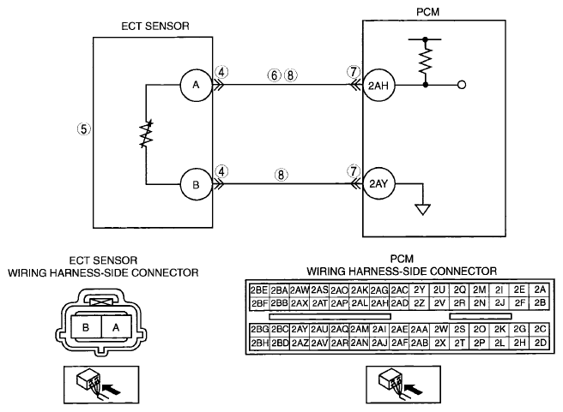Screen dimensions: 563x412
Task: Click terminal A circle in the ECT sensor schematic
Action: [x=196, y=85]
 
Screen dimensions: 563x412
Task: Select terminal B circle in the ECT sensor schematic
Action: [x=196, y=184]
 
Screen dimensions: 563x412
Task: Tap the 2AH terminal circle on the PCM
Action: [x=378, y=86]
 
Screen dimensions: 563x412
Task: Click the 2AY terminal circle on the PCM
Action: [x=378, y=183]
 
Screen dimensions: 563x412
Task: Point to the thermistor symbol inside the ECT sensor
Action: [x=146, y=134]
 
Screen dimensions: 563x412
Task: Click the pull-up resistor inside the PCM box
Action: [x=426, y=62]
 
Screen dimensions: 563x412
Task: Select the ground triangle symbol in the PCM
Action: [x=422, y=210]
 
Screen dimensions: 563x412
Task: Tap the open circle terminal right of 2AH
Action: [x=462, y=85]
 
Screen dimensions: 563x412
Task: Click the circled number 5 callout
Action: [x=83, y=128]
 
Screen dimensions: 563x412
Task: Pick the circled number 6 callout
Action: [x=274, y=75]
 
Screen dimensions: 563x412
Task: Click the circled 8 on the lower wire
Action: [x=281, y=175]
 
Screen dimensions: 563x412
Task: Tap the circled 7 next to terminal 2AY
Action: [x=354, y=171]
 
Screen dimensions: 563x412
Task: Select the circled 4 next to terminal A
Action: [x=222, y=72]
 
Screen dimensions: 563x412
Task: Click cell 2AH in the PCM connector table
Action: [x=379, y=303]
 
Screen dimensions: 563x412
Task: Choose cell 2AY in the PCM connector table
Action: [x=299, y=329]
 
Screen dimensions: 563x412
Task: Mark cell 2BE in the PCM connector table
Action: [x=259, y=290]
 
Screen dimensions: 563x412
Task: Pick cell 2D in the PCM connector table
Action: [x=540, y=343]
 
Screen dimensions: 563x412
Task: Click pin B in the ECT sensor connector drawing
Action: [x=86, y=327]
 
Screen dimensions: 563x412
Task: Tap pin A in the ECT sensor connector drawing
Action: [x=116, y=327]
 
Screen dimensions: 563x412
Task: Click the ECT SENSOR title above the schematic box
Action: [x=155, y=27]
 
